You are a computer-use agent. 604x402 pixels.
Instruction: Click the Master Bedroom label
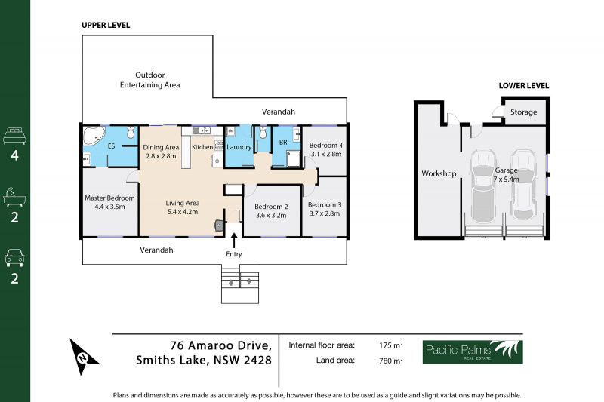[109, 198]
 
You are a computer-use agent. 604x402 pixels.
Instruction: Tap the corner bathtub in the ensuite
[94, 136]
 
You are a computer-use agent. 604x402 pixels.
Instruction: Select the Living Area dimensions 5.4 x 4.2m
[183, 212]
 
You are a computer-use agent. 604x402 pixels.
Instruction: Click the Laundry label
[239, 147]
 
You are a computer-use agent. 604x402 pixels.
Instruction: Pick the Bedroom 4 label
[326, 146]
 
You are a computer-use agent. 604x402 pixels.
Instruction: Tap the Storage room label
[523, 112]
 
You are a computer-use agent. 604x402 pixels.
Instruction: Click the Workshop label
[439, 173]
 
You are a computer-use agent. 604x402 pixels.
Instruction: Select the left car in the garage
[482, 186]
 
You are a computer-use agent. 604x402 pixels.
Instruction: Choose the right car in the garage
[523, 185]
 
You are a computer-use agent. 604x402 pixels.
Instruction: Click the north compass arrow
[82, 357]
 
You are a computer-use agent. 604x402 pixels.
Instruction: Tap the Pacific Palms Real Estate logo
[473, 352]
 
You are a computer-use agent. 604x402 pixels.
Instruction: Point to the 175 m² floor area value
[390, 345]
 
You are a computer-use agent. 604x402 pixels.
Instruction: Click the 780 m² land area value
[390, 361]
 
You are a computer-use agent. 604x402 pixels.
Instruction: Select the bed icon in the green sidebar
[14, 137]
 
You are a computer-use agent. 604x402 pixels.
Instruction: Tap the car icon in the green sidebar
[14, 258]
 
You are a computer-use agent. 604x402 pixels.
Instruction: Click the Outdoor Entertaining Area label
[149, 80]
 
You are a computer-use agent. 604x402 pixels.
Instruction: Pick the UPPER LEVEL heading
[106, 26]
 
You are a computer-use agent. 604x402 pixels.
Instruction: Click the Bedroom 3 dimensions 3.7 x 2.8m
[325, 213]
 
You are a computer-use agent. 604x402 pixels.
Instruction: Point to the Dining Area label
[161, 147]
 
